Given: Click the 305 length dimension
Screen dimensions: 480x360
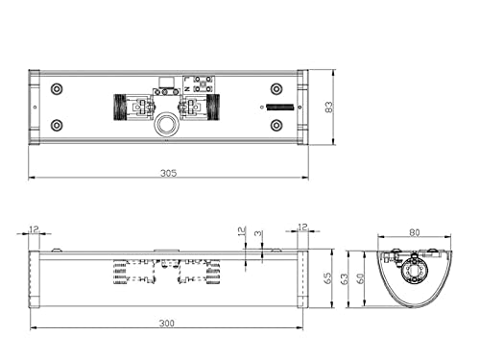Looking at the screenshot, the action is point(168,173).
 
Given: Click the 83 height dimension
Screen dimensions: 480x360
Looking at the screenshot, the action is point(329,107).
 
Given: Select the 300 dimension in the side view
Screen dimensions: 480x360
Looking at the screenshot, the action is point(167,324).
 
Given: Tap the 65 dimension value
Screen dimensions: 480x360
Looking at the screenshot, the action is point(327,278).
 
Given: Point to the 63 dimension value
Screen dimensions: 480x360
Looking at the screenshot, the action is point(345,278).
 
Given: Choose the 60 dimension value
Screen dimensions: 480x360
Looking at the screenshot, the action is point(360,278).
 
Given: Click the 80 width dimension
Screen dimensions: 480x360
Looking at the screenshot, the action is point(415,232).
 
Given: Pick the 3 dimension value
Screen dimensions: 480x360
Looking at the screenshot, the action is point(258,233).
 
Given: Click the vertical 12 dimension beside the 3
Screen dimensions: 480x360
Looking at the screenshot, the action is point(242,230).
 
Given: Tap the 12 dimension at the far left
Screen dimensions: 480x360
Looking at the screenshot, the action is point(34,228).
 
